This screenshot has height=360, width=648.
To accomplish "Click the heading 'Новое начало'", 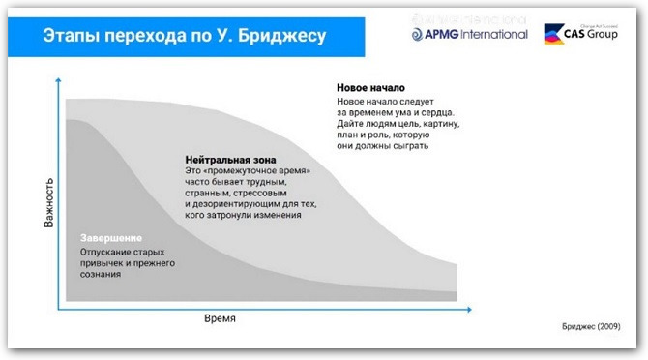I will click(x=371, y=88).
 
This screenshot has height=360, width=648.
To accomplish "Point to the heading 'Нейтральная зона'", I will click(x=228, y=158).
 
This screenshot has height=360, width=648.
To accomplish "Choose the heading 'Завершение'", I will click(x=111, y=238).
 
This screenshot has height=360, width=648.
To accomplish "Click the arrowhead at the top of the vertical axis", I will click(x=59, y=81).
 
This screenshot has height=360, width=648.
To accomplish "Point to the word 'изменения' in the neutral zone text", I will click(x=279, y=216).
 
